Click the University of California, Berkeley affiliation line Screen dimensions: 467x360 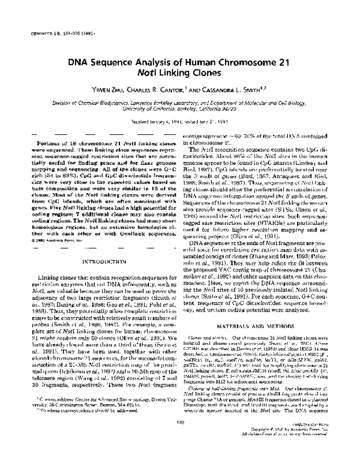tap(179, 109)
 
